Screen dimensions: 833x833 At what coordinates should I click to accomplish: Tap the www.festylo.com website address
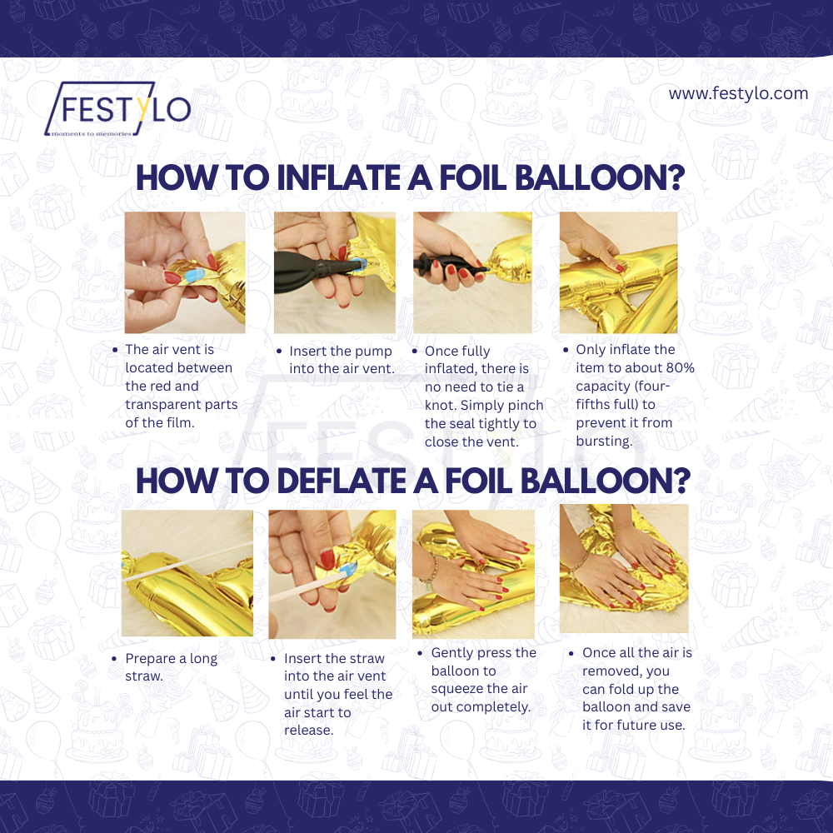point(738,93)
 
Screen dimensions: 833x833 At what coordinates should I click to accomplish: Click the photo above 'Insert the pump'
point(334,272)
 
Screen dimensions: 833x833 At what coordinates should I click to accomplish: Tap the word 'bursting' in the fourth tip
point(604,441)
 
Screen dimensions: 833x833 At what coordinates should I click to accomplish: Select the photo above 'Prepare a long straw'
point(187,573)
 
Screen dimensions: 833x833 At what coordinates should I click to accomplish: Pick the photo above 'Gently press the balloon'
point(473,574)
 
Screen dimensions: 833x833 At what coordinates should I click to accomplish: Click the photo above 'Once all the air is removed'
point(624,568)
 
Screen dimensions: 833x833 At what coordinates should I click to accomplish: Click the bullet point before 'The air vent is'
point(115,350)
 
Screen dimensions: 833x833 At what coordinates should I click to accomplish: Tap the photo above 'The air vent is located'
point(185,272)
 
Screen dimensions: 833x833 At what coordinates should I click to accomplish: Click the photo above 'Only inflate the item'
point(618,272)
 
